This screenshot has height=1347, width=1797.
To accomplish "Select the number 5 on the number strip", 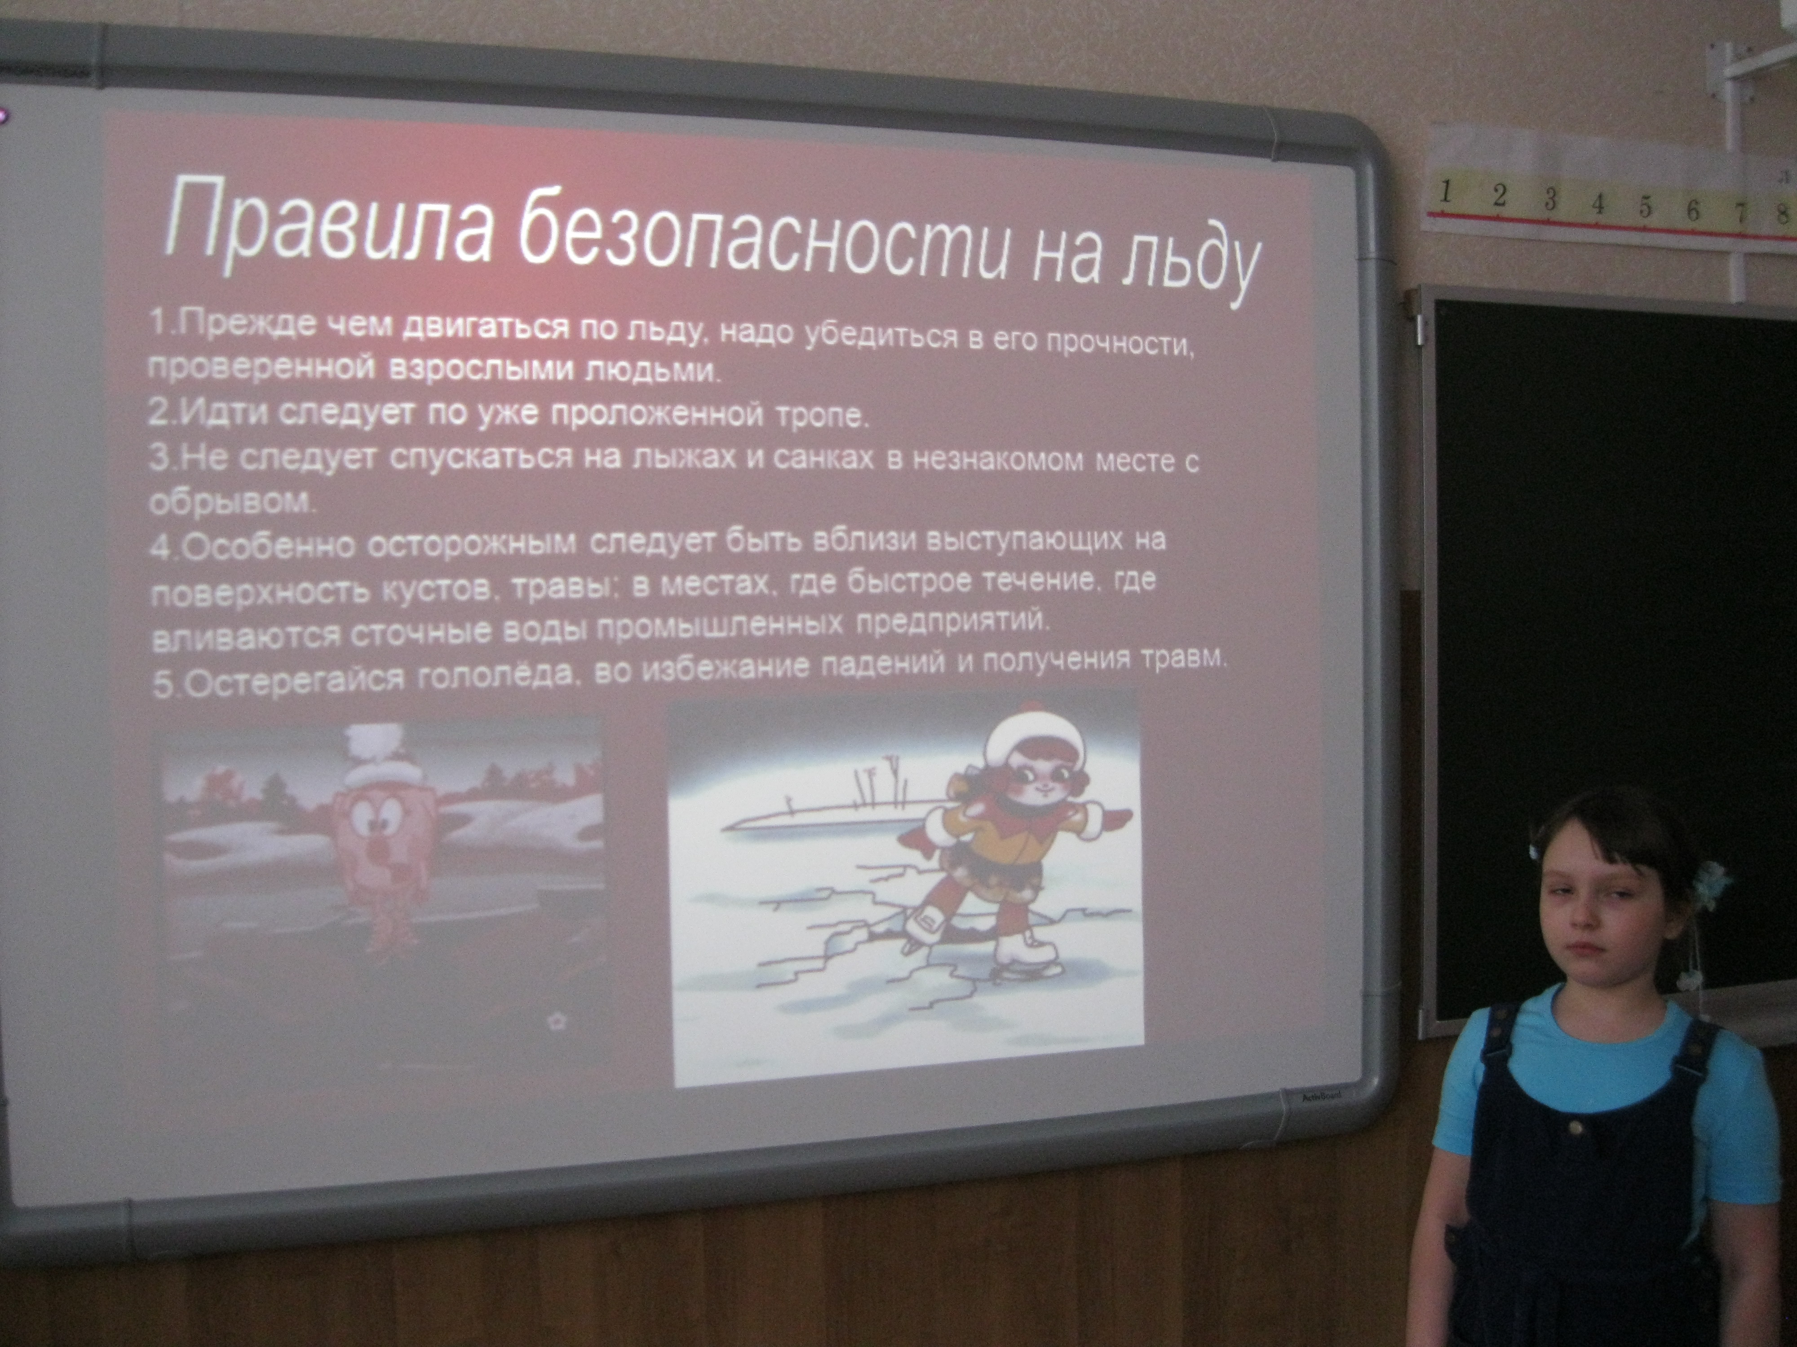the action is [1645, 206].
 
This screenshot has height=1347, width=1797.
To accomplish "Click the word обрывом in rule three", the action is [231, 501].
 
